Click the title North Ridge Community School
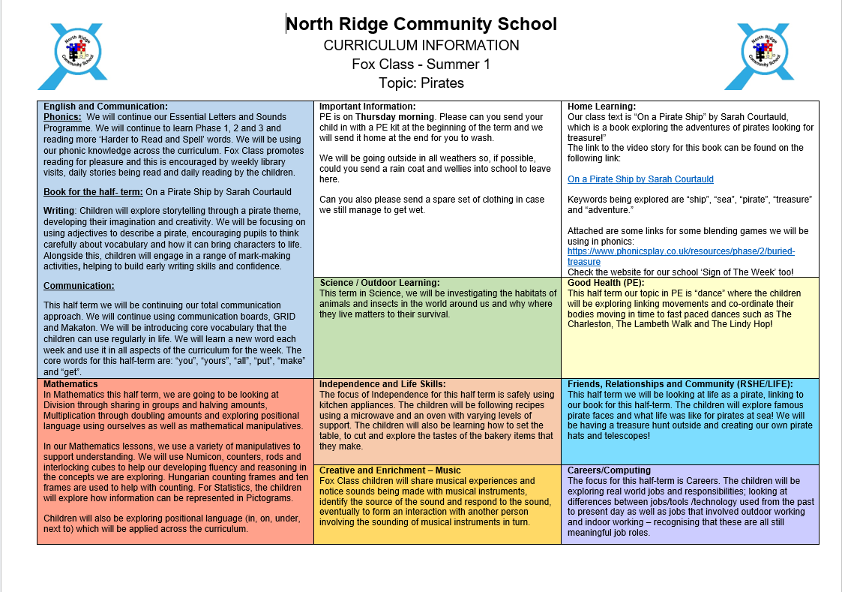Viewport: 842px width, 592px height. click(421, 24)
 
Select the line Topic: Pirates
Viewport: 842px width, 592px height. click(421, 83)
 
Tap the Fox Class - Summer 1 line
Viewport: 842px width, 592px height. click(421, 64)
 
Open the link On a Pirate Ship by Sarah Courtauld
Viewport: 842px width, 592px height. click(640, 179)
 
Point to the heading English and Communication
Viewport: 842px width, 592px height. click(106, 107)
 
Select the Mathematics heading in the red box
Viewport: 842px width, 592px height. click(71, 383)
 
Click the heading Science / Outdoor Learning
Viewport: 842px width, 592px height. click(379, 283)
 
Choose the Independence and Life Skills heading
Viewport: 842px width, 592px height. click(382, 384)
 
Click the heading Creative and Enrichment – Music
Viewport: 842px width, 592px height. click(390, 470)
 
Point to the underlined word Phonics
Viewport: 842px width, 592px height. click(62, 117)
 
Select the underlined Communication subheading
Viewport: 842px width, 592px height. click(79, 285)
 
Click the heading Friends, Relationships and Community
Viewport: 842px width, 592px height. click(680, 384)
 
